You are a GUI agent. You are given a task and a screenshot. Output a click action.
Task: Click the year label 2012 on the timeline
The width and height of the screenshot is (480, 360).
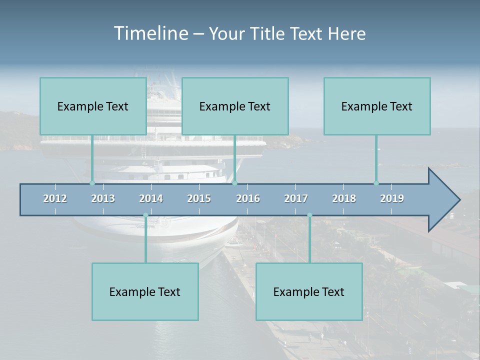pyautogui.click(x=55, y=198)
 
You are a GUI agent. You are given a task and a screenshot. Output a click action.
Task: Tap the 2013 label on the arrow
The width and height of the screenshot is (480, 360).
pyautogui.click(x=103, y=198)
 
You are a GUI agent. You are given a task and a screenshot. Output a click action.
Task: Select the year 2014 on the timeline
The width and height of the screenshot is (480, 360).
pyautogui.click(x=151, y=198)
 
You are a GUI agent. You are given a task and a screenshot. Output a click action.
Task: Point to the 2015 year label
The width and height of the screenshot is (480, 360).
pyautogui.click(x=199, y=198)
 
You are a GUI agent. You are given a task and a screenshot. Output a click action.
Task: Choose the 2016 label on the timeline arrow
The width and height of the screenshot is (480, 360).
pyautogui.click(x=248, y=198)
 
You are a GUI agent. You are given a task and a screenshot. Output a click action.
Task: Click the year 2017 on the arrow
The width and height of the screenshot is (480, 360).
pyautogui.click(x=296, y=198)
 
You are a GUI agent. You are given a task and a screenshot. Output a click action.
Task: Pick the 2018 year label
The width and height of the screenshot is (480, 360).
pyautogui.click(x=344, y=198)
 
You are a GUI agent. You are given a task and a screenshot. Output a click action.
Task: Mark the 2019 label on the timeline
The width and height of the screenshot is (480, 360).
pyautogui.click(x=392, y=198)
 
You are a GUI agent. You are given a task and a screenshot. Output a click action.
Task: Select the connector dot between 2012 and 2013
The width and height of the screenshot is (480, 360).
pyautogui.click(x=92, y=183)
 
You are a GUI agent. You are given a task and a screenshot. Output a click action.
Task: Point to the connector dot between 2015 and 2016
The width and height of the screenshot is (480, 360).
pyautogui.click(x=235, y=183)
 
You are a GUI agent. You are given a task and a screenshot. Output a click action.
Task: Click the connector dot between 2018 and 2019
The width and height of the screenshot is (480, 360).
pyautogui.click(x=376, y=183)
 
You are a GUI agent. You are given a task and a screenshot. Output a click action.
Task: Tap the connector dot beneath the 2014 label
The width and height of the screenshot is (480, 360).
pyautogui.click(x=145, y=215)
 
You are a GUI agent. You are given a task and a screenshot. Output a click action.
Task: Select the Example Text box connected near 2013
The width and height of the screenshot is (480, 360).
pyautogui.click(x=93, y=106)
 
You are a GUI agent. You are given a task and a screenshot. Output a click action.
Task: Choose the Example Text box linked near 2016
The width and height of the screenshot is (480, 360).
pyautogui.click(x=235, y=106)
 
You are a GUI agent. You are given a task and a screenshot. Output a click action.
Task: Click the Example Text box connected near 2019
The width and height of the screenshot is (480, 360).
pyautogui.click(x=377, y=106)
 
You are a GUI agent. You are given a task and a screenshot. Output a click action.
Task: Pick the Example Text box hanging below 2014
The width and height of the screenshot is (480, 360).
pyautogui.click(x=145, y=291)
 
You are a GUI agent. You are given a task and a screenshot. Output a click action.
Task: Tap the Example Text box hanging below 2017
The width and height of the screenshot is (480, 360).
pyautogui.click(x=309, y=291)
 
